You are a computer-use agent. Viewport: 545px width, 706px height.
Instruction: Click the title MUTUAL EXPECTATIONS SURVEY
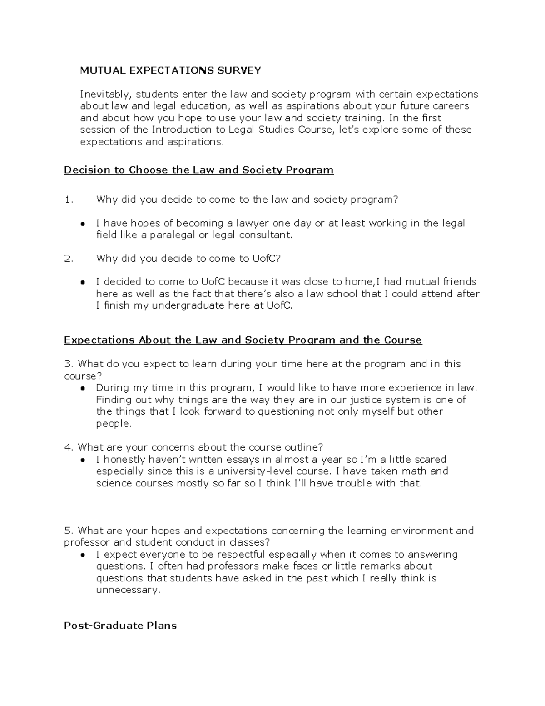[x=170, y=70]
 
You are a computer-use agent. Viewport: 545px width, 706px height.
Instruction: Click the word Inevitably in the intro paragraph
[x=105, y=95]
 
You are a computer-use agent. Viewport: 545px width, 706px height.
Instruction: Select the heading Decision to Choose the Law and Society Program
[x=198, y=170]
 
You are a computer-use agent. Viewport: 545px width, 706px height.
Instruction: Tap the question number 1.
[x=68, y=200]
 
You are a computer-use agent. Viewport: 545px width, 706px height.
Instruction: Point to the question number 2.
[x=69, y=259]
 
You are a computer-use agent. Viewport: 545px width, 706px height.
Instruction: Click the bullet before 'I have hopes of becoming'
[x=83, y=224]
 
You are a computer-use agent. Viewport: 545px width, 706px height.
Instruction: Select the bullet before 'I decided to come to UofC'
[x=83, y=282]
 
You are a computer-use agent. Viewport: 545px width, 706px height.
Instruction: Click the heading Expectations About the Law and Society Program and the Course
[x=243, y=340]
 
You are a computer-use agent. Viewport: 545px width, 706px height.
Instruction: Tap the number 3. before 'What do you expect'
[x=69, y=364]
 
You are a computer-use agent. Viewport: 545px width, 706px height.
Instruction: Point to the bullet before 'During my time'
[x=83, y=388]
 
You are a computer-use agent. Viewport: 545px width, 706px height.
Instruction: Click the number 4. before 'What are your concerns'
[x=69, y=447]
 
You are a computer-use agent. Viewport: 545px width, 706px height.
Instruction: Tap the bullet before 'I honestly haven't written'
[x=83, y=460]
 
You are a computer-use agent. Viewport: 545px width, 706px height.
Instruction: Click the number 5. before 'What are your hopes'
[x=69, y=531]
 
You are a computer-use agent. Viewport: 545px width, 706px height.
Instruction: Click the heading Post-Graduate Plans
[x=120, y=626]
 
